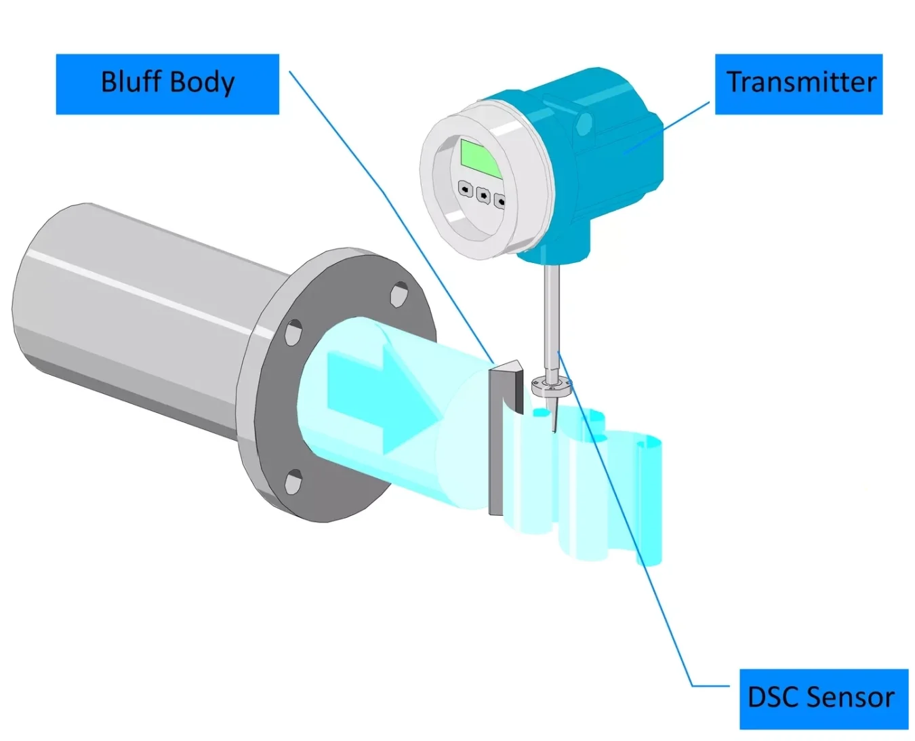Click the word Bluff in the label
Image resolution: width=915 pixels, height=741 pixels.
(131, 82)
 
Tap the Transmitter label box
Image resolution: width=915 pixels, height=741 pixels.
(798, 83)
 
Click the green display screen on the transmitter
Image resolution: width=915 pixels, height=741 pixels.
(481, 158)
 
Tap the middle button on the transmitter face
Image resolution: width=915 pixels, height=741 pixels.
(483, 195)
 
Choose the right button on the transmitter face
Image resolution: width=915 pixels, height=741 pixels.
(500, 201)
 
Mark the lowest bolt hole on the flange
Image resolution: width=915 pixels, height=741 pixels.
(293, 482)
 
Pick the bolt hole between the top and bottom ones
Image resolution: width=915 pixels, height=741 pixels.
(293, 332)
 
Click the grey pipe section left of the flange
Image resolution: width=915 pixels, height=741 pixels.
(136, 319)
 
